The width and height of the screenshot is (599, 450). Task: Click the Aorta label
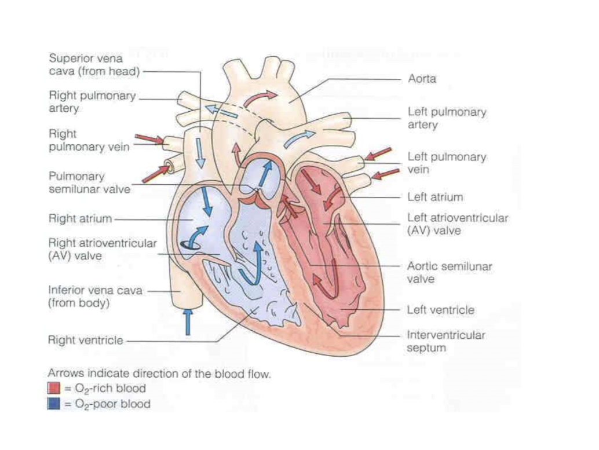click(422, 79)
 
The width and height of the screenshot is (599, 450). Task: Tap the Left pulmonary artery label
click(447, 118)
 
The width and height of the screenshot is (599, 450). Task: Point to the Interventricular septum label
click(446, 342)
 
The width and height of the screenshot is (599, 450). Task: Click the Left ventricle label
click(440, 310)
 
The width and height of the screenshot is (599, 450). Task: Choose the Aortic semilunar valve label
click(450, 273)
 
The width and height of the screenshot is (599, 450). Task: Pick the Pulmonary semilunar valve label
click(89, 182)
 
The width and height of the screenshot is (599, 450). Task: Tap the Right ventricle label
click(85, 341)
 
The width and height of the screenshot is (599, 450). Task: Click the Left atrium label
click(435, 197)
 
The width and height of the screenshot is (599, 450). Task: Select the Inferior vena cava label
click(95, 297)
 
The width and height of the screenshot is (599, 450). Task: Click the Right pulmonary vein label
click(89, 141)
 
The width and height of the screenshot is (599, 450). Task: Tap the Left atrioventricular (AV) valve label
click(458, 224)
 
